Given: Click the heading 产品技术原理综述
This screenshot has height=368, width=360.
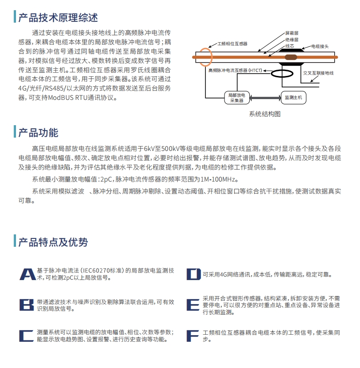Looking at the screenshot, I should tap(58, 18).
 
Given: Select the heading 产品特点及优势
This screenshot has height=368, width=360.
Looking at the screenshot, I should tap(53, 242).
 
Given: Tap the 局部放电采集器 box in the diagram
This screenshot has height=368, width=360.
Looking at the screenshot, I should tap(236, 98).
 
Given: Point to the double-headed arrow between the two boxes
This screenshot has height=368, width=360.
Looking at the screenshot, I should tap(265, 97).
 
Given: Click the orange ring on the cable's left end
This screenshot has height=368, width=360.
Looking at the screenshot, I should tap(204, 56).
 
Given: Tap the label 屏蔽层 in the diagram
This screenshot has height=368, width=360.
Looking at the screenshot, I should tap(292, 33).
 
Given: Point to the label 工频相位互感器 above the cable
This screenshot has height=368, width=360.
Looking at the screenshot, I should tap(232, 44).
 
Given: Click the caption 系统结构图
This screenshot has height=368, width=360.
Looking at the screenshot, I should tap(265, 114).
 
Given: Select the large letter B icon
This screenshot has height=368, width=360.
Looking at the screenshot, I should tap(27, 305).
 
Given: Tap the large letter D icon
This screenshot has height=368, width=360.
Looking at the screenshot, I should tap(193, 274).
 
